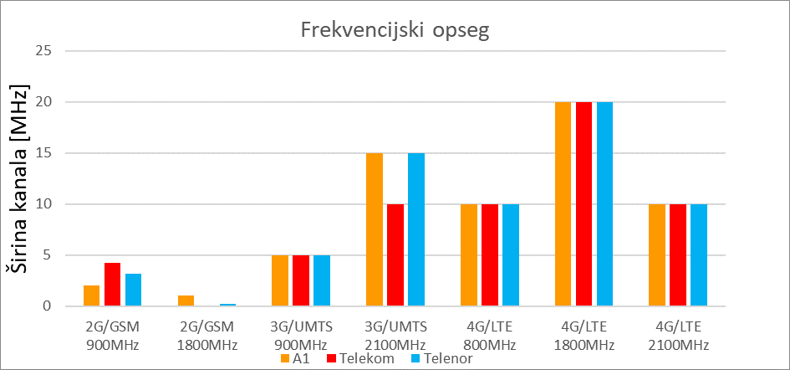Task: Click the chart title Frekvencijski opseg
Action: [395, 32]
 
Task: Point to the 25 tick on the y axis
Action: [43, 51]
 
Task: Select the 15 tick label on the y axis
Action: [43, 153]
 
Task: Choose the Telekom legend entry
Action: [359, 358]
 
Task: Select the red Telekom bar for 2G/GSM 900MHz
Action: [113, 285]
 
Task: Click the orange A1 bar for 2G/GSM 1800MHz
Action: [186, 301]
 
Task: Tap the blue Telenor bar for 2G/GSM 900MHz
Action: [134, 290]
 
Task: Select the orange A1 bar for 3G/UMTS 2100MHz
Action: [375, 229]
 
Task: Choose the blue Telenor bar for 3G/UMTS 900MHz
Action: [322, 280]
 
